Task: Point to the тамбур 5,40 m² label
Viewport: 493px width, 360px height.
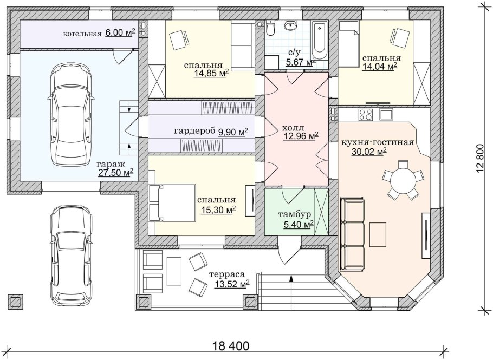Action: click(x=295, y=219)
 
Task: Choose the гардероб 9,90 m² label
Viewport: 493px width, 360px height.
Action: click(x=211, y=132)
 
